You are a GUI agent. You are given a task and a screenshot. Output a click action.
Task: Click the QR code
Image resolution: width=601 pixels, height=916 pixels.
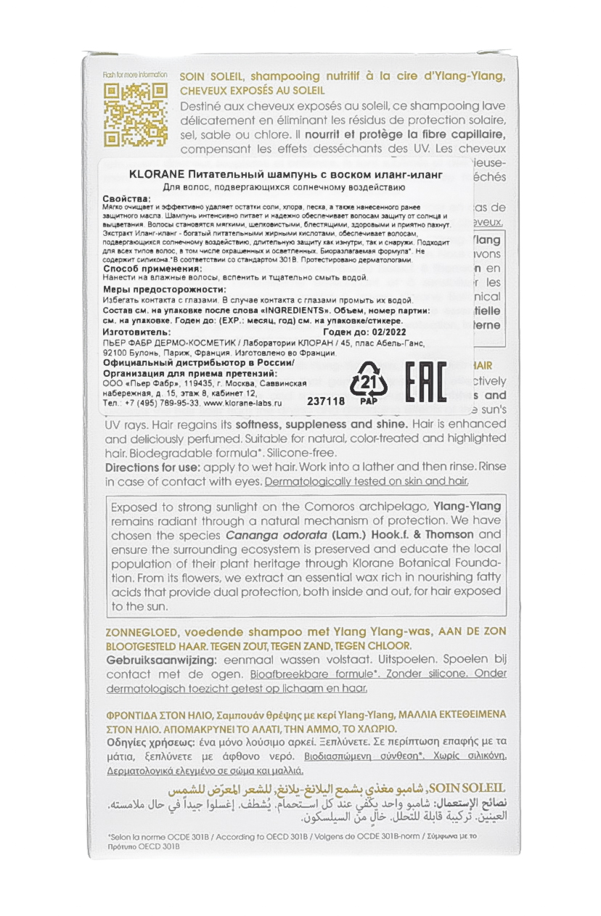pyautogui.click(x=136, y=114)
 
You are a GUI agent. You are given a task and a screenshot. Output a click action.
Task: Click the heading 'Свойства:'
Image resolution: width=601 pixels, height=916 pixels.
pyautogui.click(x=128, y=198)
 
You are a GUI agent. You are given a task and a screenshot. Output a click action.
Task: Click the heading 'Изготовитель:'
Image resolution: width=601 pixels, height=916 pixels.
pyautogui.click(x=136, y=331)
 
